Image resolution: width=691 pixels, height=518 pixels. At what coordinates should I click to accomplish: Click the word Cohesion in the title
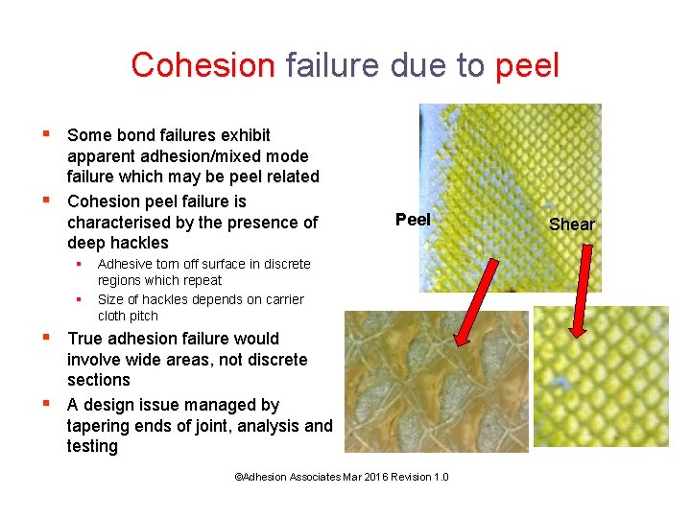203,65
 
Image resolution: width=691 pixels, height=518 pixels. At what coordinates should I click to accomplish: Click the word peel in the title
527,65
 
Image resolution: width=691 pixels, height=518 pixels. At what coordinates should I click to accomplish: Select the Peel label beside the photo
413,220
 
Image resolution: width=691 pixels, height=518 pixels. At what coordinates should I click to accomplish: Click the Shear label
571,224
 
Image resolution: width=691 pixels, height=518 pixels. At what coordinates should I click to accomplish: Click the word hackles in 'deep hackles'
140,243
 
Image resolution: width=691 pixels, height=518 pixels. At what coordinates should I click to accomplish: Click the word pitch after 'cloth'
144,316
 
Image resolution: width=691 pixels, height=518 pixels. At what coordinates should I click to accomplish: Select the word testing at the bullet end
92,447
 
